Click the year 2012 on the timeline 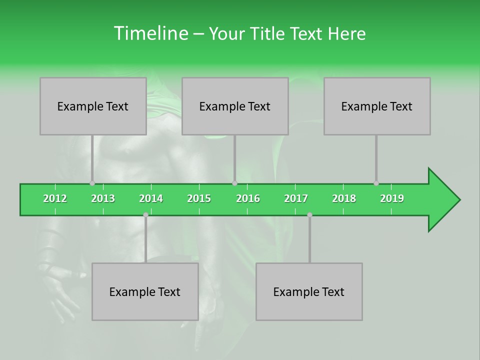click(x=55, y=198)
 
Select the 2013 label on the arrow click(x=103, y=198)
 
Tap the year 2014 click(x=151, y=198)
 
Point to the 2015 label click(x=199, y=198)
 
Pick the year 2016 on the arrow click(x=248, y=198)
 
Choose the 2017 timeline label click(x=296, y=198)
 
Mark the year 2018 click(x=344, y=198)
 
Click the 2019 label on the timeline click(x=392, y=198)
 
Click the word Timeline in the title click(x=150, y=33)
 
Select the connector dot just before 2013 click(x=92, y=183)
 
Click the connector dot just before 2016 click(x=234, y=183)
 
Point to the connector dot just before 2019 click(x=376, y=183)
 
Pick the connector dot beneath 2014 click(x=145, y=214)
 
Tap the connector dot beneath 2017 click(x=309, y=214)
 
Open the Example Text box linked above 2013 click(x=93, y=106)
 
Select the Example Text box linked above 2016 click(x=235, y=106)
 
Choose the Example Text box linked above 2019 click(x=377, y=106)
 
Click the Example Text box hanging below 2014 click(x=145, y=291)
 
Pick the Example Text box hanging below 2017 click(x=309, y=291)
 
